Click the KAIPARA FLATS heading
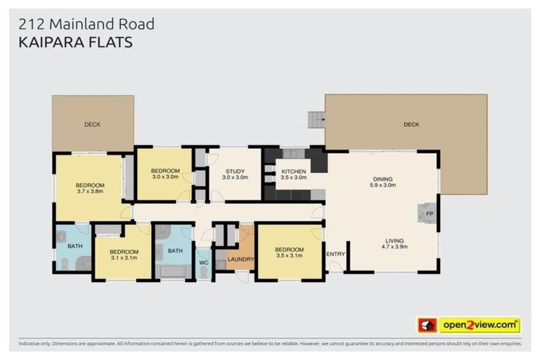[74, 42]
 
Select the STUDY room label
[234, 171]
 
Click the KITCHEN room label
[293, 171]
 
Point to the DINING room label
[382, 179]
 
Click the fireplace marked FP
[428, 212]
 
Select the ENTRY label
[336, 254]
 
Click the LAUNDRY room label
[240, 259]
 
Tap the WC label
[204, 263]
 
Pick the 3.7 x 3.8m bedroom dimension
[90, 191]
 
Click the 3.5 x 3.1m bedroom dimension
[289, 256]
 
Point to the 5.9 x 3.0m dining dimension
[384, 186]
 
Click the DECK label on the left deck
[92, 124]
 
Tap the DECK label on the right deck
[411, 124]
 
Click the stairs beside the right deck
[316, 120]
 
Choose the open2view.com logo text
[480, 325]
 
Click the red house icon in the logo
[427, 325]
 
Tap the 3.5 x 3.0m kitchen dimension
[293, 178]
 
